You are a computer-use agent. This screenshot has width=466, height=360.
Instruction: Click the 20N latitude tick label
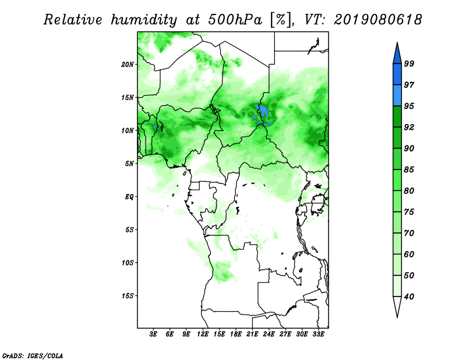coord(128,65)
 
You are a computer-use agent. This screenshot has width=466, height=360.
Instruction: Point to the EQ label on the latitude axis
coord(129,197)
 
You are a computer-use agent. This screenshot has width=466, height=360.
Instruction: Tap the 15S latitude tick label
coord(128,296)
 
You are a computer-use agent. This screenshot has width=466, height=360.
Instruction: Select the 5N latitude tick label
coord(129,164)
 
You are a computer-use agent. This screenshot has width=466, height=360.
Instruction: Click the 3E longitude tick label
coord(153,334)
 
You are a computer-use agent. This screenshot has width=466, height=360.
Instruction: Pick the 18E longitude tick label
coord(236,334)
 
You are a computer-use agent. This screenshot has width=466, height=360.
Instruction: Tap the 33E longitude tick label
coord(318,334)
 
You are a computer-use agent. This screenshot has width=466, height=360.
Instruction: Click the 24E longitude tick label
coord(269,334)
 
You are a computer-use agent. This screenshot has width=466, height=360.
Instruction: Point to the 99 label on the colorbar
coord(409,63)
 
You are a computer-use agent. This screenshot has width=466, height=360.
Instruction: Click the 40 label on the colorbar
coord(409,297)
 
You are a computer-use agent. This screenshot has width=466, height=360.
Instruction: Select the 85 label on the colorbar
coord(409,170)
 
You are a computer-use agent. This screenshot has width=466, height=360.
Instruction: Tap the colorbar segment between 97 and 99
coord(397,75)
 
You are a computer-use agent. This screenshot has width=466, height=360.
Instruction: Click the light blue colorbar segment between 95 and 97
coord(397,96)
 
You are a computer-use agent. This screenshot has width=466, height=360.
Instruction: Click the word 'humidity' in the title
coord(144,20)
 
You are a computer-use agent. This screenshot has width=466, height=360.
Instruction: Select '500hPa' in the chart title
coord(235,20)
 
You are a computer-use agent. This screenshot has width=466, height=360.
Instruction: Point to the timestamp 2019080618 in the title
coord(377,20)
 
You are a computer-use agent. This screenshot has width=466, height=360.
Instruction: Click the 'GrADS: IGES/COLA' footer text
coord(33,355)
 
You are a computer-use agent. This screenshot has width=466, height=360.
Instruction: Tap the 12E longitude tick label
coord(203,334)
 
